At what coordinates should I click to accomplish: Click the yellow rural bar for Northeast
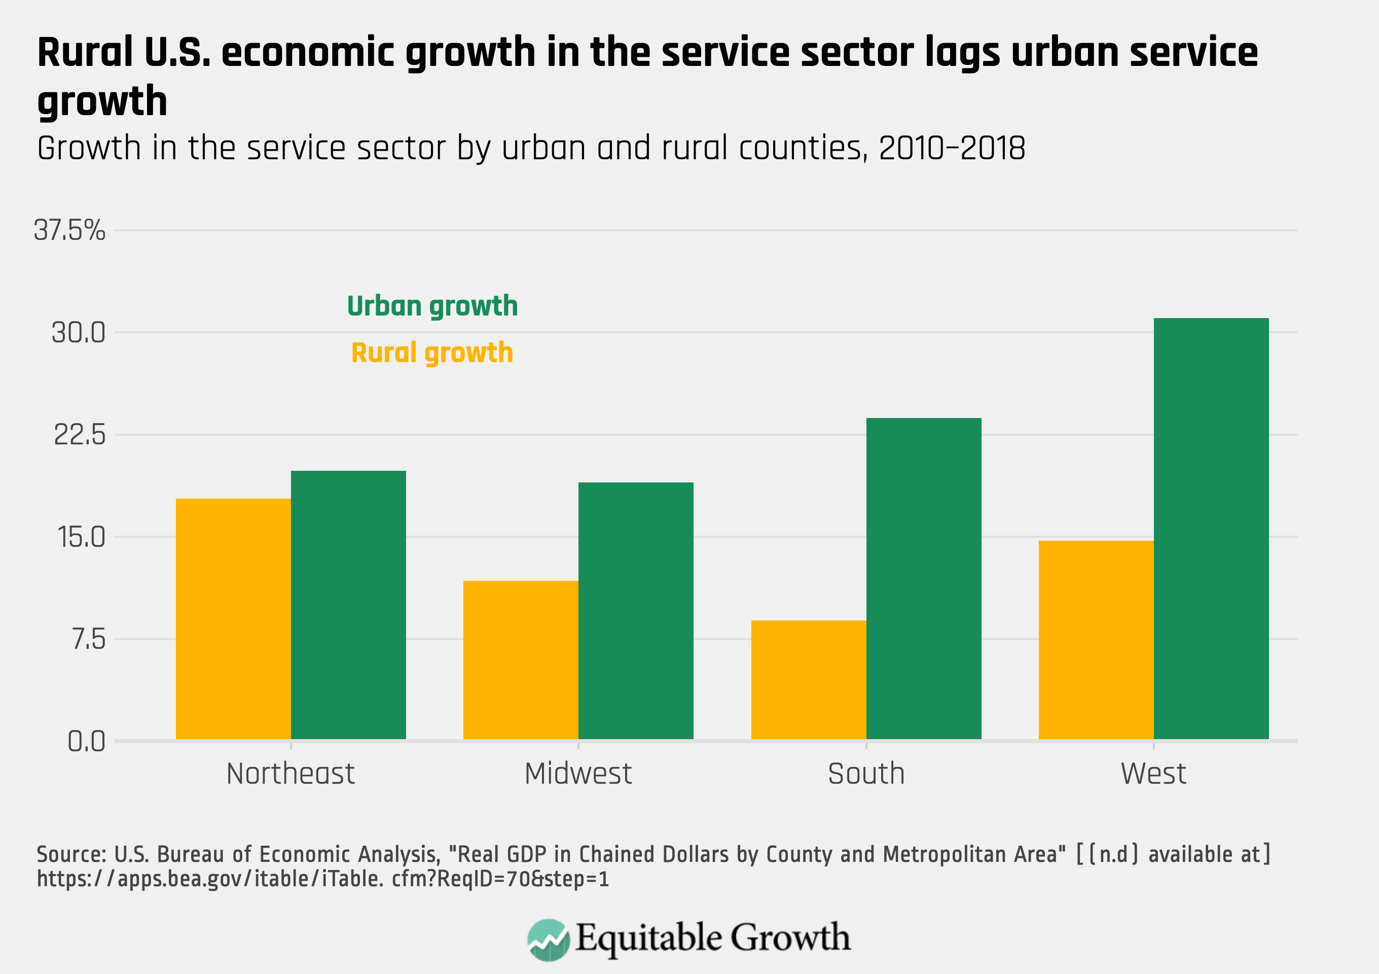tap(233, 619)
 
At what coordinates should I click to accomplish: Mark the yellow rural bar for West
tap(1096, 640)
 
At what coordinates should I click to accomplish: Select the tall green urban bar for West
tap(1211, 528)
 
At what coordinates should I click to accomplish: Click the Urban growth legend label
tap(432, 306)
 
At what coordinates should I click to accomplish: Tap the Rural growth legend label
tap(432, 353)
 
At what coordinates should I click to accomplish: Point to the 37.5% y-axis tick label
tap(69, 230)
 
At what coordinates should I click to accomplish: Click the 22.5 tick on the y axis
tap(79, 434)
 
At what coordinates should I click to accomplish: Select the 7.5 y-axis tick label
tap(88, 639)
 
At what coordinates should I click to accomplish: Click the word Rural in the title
tap(85, 52)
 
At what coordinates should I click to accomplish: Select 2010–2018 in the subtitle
tap(952, 149)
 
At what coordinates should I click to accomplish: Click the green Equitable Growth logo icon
tap(548, 939)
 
